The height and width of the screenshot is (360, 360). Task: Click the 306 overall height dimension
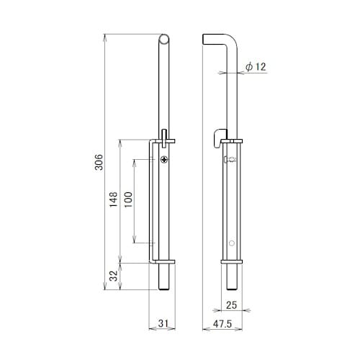click(99, 162)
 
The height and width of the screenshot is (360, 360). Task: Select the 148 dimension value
click(114, 199)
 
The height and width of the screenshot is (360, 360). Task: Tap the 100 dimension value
click(128, 200)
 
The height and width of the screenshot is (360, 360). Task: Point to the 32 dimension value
click(114, 276)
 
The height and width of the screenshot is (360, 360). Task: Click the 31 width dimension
click(163, 323)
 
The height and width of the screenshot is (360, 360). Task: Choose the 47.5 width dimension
click(222, 324)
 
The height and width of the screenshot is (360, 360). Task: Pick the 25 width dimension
click(231, 305)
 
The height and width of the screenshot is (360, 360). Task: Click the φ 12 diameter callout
click(256, 66)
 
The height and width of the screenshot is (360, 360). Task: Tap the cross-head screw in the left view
click(164, 159)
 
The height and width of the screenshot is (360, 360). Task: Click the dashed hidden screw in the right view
click(230, 159)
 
